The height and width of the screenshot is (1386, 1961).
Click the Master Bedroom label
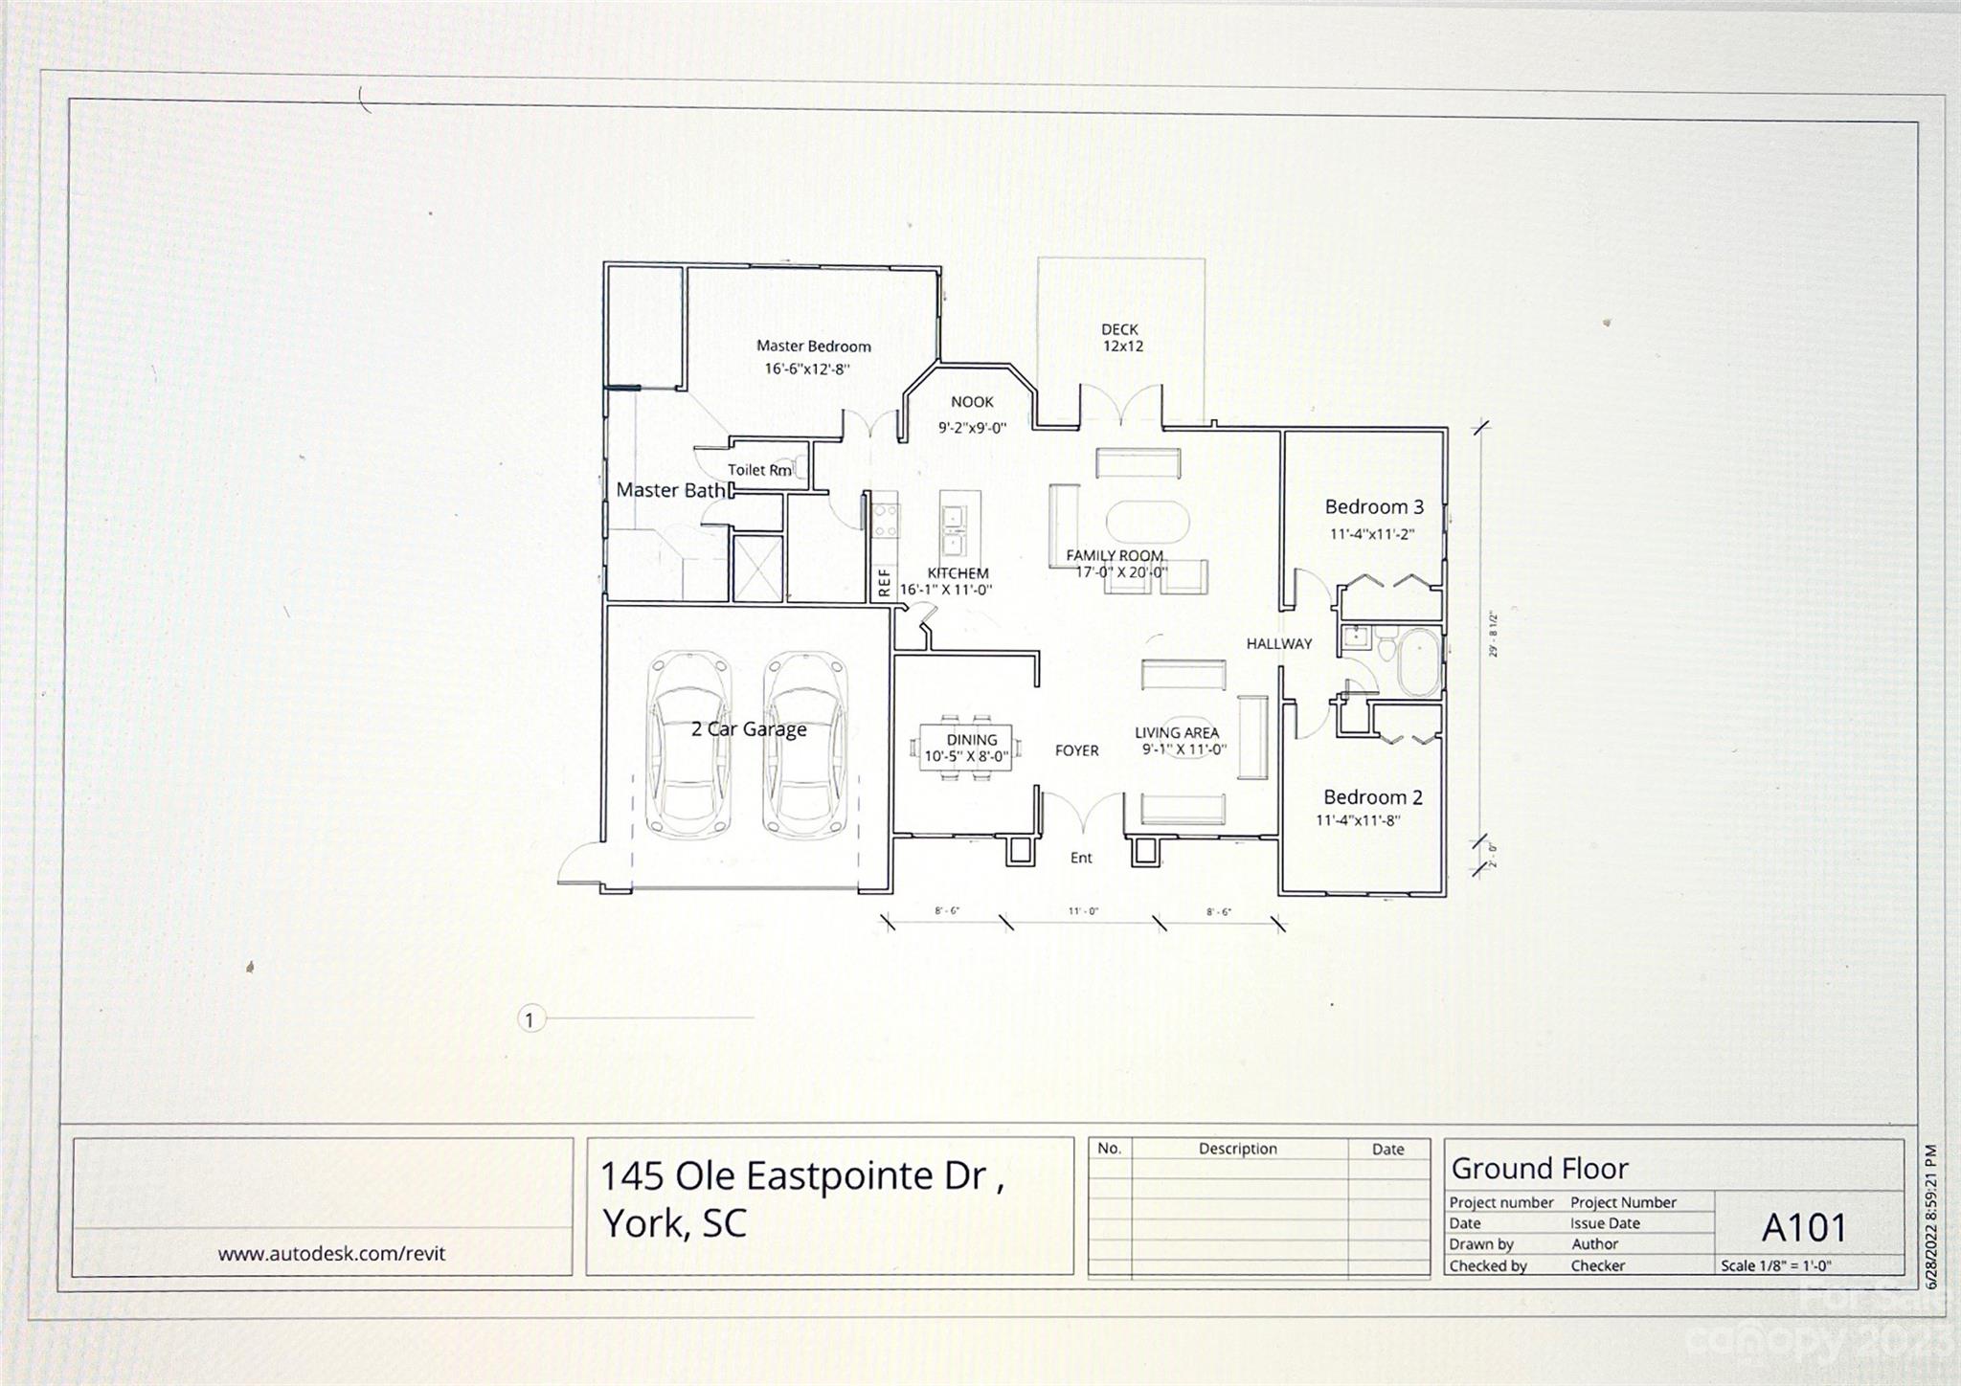tap(813, 346)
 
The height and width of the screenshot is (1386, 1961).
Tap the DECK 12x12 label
tap(1120, 338)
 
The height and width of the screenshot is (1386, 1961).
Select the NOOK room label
tap(972, 402)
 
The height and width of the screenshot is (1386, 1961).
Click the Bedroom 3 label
tap(1373, 507)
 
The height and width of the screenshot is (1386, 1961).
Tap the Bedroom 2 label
tap(1372, 797)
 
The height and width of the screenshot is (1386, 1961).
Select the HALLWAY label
tap(1278, 644)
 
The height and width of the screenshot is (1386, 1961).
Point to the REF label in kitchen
tap(884, 582)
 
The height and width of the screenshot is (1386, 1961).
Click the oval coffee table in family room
tap(1147, 523)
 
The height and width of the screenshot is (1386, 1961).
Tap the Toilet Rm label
tap(758, 470)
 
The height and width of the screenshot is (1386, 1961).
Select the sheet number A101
tap(1803, 1228)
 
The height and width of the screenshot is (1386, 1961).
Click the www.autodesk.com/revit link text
tap(331, 1254)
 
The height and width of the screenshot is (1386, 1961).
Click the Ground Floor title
tap(1539, 1169)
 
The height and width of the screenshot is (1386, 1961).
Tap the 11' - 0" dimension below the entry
tap(1083, 912)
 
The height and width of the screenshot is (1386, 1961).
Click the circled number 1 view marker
tap(530, 1019)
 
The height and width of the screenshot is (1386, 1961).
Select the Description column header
tap(1237, 1149)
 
